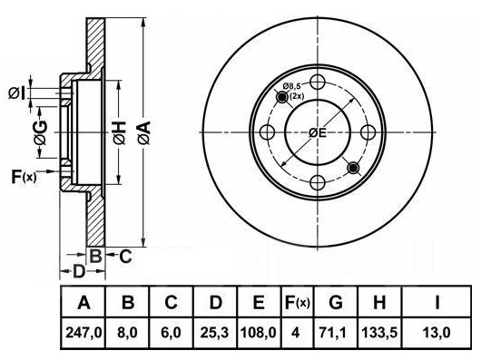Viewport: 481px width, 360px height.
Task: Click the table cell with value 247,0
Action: coord(83,333)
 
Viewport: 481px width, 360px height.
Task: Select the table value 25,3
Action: coord(214,333)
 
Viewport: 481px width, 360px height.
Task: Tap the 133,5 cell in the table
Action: coord(379,333)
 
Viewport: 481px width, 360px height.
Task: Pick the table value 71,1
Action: coord(335,333)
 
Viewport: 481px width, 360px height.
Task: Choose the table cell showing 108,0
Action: coord(259,333)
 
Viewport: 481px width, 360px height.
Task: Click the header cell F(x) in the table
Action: coord(298,303)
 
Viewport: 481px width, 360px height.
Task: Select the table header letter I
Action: coord(437,303)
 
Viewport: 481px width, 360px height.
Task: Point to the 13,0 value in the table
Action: coord(437,333)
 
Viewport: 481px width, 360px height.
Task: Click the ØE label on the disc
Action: coord(318,132)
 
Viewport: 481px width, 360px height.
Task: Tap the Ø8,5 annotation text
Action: coord(291,86)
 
